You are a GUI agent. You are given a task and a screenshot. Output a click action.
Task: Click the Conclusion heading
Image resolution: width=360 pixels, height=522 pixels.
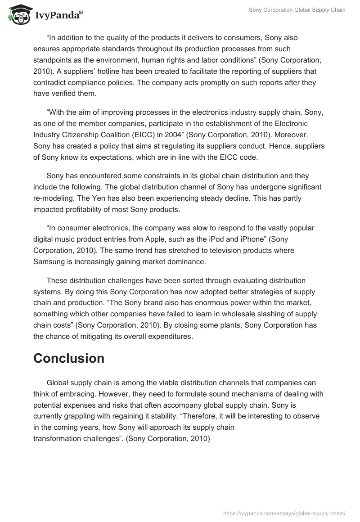(69, 358)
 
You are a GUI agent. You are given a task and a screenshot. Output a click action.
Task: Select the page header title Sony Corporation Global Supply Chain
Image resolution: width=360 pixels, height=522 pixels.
(297, 10)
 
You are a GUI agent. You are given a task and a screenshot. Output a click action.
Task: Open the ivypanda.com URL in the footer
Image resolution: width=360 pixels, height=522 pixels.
(284, 513)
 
